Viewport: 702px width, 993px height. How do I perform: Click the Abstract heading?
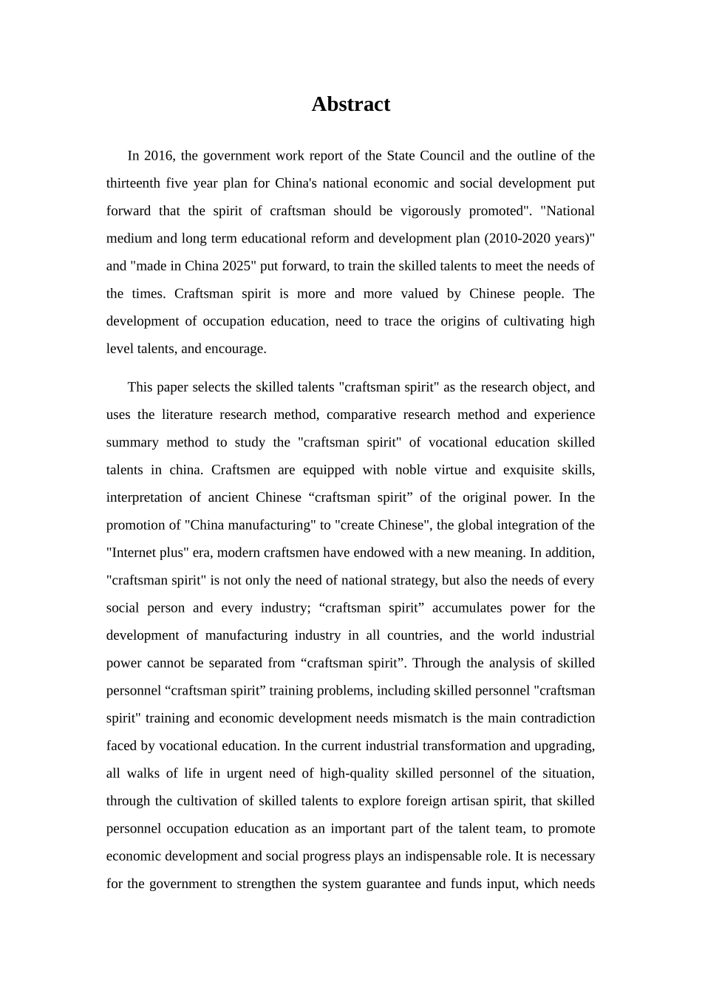coord(350,104)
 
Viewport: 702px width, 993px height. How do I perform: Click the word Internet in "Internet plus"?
coord(132,553)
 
